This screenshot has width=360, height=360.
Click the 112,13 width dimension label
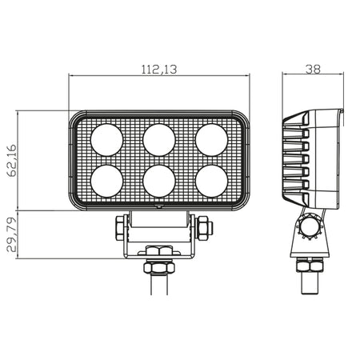click(x=159, y=70)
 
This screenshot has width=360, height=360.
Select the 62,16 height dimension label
click(x=12, y=161)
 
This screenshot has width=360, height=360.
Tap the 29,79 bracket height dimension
click(x=12, y=234)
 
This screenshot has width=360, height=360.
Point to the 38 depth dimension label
click(x=313, y=70)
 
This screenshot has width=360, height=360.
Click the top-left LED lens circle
click(x=106, y=140)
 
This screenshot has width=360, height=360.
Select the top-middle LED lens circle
click(x=159, y=140)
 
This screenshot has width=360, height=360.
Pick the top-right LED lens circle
click(x=211, y=140)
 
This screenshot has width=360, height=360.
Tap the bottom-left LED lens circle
click(x=106, y=181)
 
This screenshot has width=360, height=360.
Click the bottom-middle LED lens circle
click(x=159, y=181)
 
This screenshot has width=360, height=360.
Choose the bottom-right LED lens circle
click(x=211, y=181)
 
